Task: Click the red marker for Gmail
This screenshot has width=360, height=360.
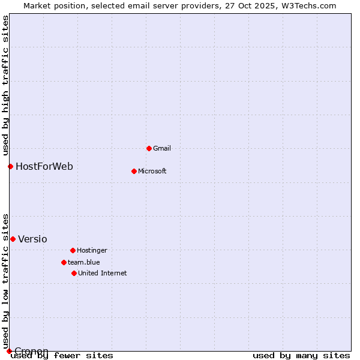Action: [x=149, y=148]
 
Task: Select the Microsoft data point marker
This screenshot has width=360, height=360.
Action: [x=134, y=171]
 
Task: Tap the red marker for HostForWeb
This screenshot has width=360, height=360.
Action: [x=10, y=166]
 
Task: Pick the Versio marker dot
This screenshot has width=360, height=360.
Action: [x=13, y=239]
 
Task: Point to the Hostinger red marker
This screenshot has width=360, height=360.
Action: [x=73, y=250]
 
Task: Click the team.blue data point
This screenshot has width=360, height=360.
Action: [x=64, y=262]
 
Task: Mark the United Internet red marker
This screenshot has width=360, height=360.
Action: [x=74, y=273]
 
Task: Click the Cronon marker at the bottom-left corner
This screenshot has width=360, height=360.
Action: [x=9, y=351]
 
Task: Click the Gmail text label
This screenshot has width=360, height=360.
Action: [x=162, y=148]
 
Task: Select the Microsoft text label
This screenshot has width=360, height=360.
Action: [x=152, y=171]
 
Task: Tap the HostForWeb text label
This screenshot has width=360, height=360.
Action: [x=44, y=166]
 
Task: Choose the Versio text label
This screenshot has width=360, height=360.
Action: [x=32, y=239]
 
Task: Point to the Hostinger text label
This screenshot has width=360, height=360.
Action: [x=92, y=250]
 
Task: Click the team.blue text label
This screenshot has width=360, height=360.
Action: [x=83, y=262]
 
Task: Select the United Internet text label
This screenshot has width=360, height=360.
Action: [x=102, y=273]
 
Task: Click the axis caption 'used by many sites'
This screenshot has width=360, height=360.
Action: [x=301, y=356]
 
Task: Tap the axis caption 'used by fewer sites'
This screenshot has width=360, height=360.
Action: [x=62, y=356]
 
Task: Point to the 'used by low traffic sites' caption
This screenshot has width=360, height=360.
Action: [x=6, y=281]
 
